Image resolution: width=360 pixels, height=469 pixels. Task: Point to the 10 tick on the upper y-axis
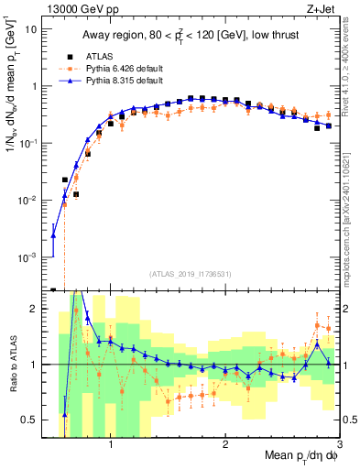(31, 29)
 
